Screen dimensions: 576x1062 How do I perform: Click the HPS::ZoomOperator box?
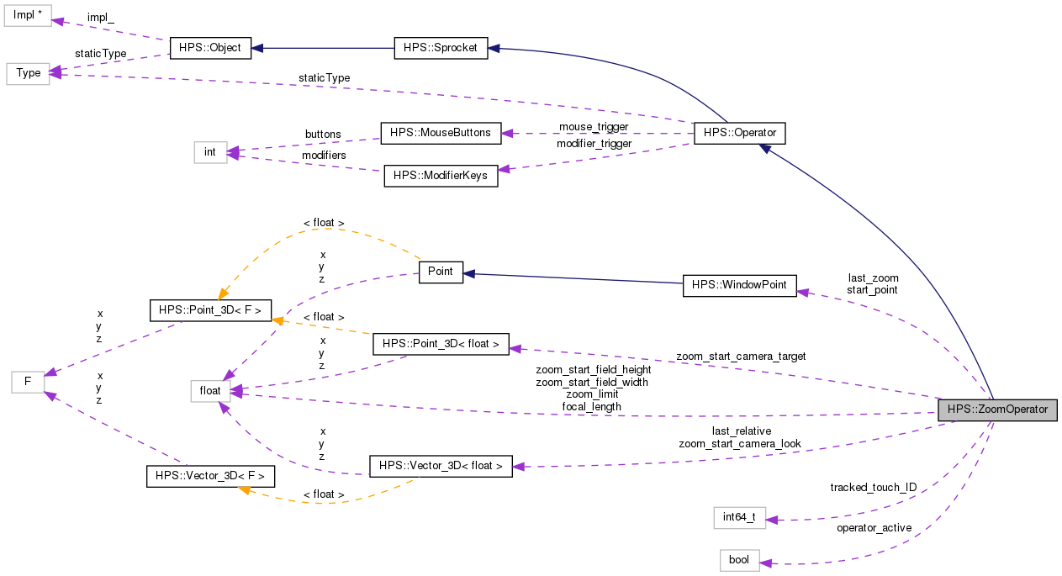tap(997, 410)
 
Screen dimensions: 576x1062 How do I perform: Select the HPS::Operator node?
tap(739, 133)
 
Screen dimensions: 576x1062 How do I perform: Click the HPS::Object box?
tap(209, 48)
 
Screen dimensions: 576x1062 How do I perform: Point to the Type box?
tap(28, 73)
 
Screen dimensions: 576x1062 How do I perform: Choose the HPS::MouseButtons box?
tap(441, 133)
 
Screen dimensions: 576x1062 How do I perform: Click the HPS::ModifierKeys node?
tap(441, 176)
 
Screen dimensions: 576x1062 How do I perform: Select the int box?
tap(210, 152)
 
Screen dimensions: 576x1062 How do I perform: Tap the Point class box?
tap(441, 272)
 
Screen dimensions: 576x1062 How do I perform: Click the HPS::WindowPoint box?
tap(739, 285)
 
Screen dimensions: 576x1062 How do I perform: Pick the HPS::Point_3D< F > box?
tap(209, 310)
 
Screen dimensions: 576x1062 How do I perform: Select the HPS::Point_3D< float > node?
tap(441, 344)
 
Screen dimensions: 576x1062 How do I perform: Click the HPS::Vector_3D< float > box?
tap(441, 466)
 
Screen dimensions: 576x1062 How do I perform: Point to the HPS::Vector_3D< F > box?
tap(209, 476)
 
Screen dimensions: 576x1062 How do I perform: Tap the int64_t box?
tap(739, 517)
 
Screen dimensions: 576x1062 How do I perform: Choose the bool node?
tap(739, 560)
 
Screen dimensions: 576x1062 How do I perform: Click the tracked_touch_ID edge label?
tap(873, 488)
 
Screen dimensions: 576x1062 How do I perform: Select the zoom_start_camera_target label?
tap(741, 357)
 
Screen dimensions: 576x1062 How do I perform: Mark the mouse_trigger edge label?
tap(594, 126)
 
